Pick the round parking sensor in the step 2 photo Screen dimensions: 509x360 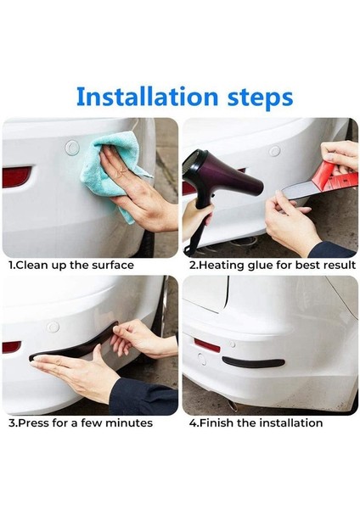coord(274,152)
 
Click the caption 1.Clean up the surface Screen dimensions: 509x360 coord(71,266)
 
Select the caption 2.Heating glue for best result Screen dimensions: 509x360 coord(272,266)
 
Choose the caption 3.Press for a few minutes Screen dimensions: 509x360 coord(81,422)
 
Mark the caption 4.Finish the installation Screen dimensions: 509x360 coord(256,422)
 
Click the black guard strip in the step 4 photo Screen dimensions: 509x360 coord(253,362)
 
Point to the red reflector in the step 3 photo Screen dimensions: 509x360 coord(11,347)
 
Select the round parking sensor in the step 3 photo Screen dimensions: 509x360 coord(53,327)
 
